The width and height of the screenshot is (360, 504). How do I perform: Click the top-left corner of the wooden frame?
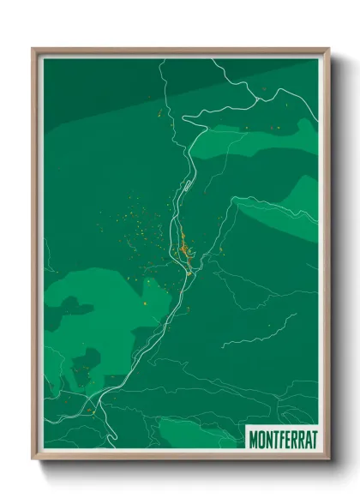(x=33, y=49)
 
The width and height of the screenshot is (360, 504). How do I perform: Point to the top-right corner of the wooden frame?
(x=328, y=49)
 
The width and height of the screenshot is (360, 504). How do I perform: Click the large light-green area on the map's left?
(x=94, y=317)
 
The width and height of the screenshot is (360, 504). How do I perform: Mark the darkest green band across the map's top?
(x=257, y=73)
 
